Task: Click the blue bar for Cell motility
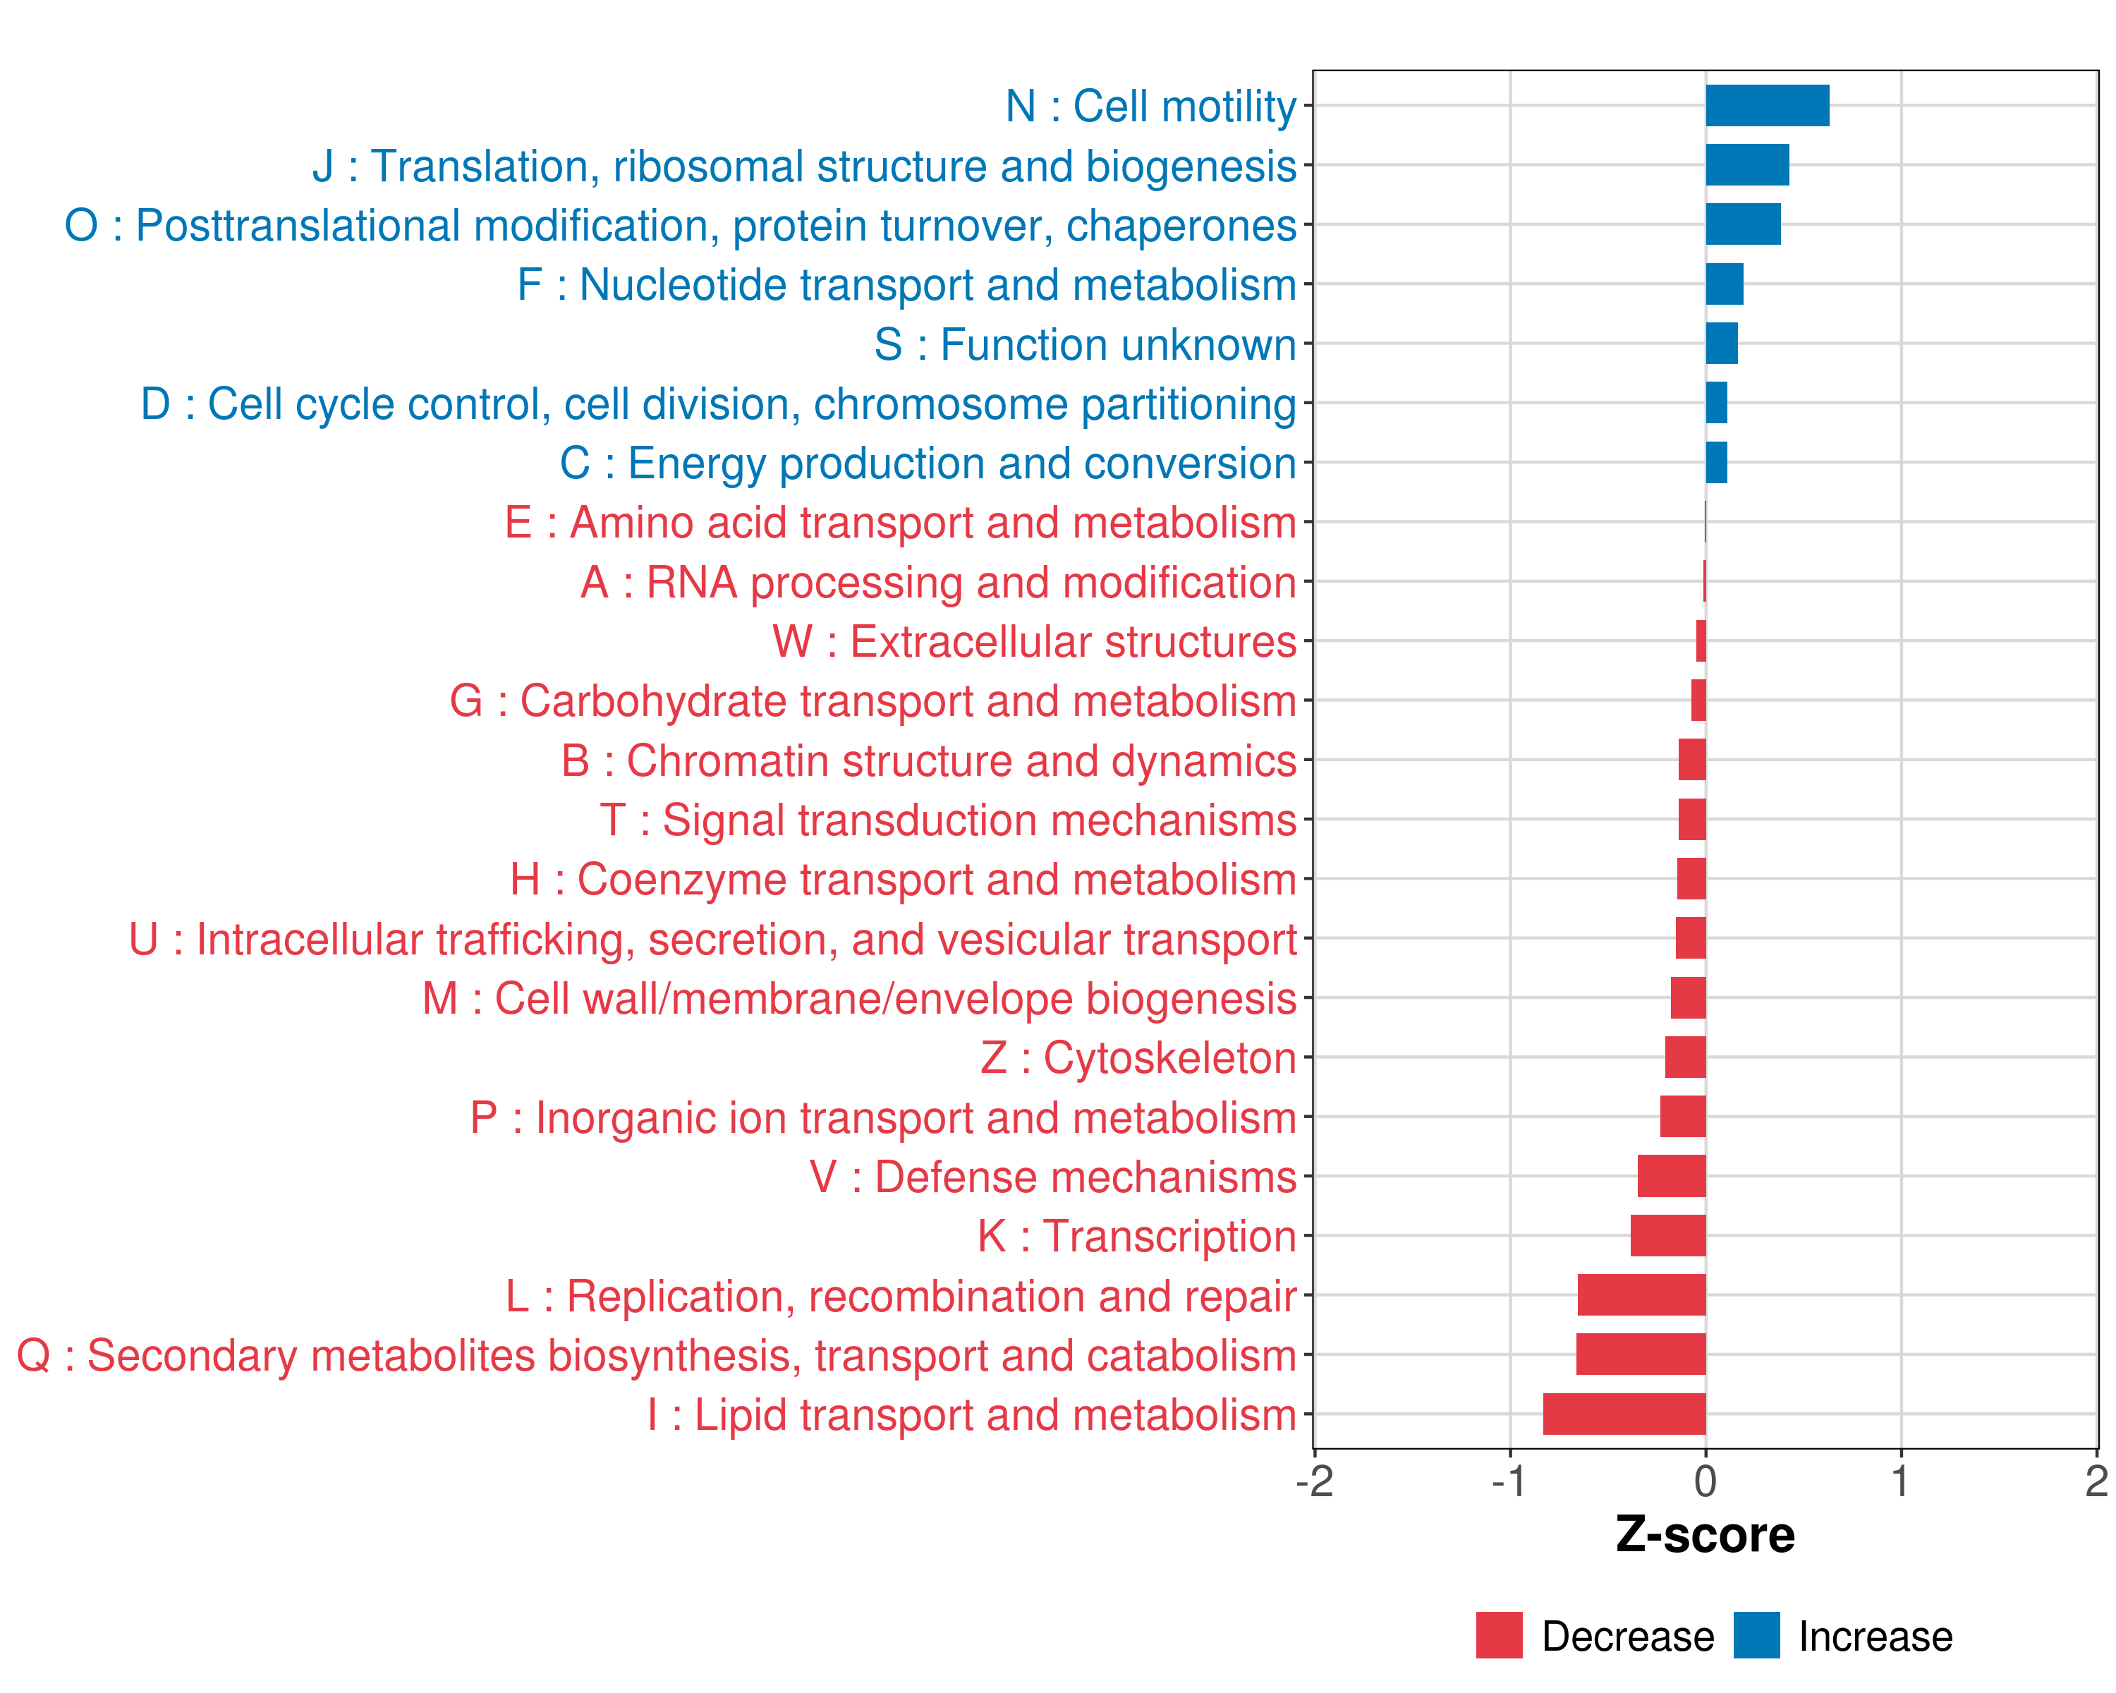click(x=1767, y=106)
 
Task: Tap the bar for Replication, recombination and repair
click(x=1641, y=1294)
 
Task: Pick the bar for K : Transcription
click(x=1667, y=1236)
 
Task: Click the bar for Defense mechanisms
click(x=1672, y=1176)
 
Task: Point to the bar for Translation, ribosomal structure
click(x=1747, y=165)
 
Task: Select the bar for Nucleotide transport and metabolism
click(x=1725, y=284)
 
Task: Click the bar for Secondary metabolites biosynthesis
click(x=1641, y=1354)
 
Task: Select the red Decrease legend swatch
click(x=1499, y=1635)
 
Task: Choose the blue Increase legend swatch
click(x=1756, y=1635)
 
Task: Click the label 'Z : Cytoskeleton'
click(x=1138, y=1058)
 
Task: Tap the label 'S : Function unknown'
click(x=1086, y=344)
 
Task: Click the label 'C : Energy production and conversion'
click(x=928, y=463)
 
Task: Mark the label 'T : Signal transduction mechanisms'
click(x=948, y=820)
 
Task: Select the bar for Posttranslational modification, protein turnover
click(x=1743, y=225)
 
